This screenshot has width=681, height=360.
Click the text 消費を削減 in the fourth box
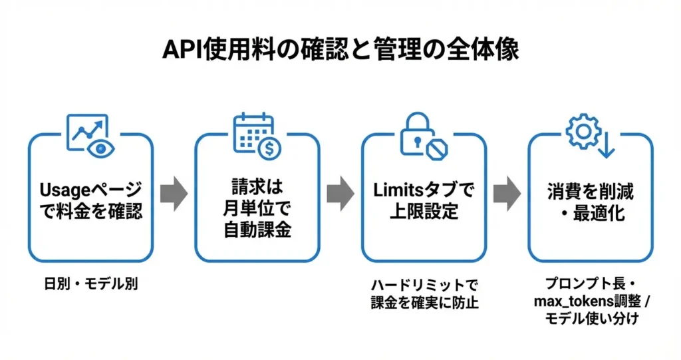coord(591,192)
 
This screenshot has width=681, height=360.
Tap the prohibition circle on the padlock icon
coord(437,147)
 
